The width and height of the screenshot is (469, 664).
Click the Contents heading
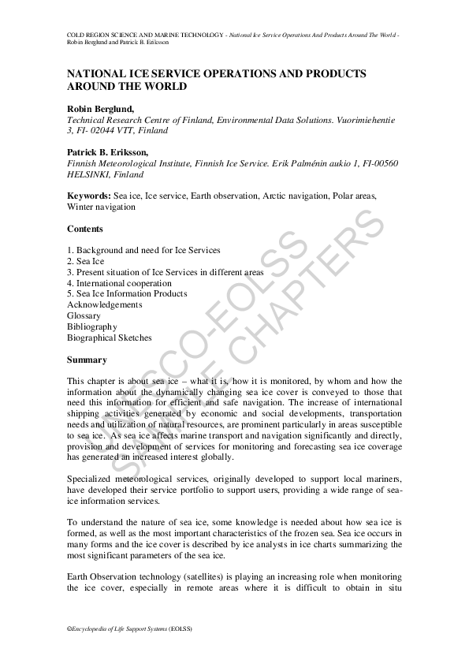(x=85, y=229)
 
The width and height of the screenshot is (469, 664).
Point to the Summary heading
(x=87, y=360)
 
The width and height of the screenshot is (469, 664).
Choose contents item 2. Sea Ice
(x=86, y=261)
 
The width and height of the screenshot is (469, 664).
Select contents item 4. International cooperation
(x=119, y=283)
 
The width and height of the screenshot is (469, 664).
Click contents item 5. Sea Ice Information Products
(x=127, y=294)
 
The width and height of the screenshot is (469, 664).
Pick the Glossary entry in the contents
(x=84, y=315)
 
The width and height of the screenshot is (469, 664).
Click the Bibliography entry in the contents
(x=92, y=326)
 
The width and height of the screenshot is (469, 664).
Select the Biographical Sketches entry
(x=110, y=338)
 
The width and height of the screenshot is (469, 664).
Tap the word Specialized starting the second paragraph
(x=92, y=479)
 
